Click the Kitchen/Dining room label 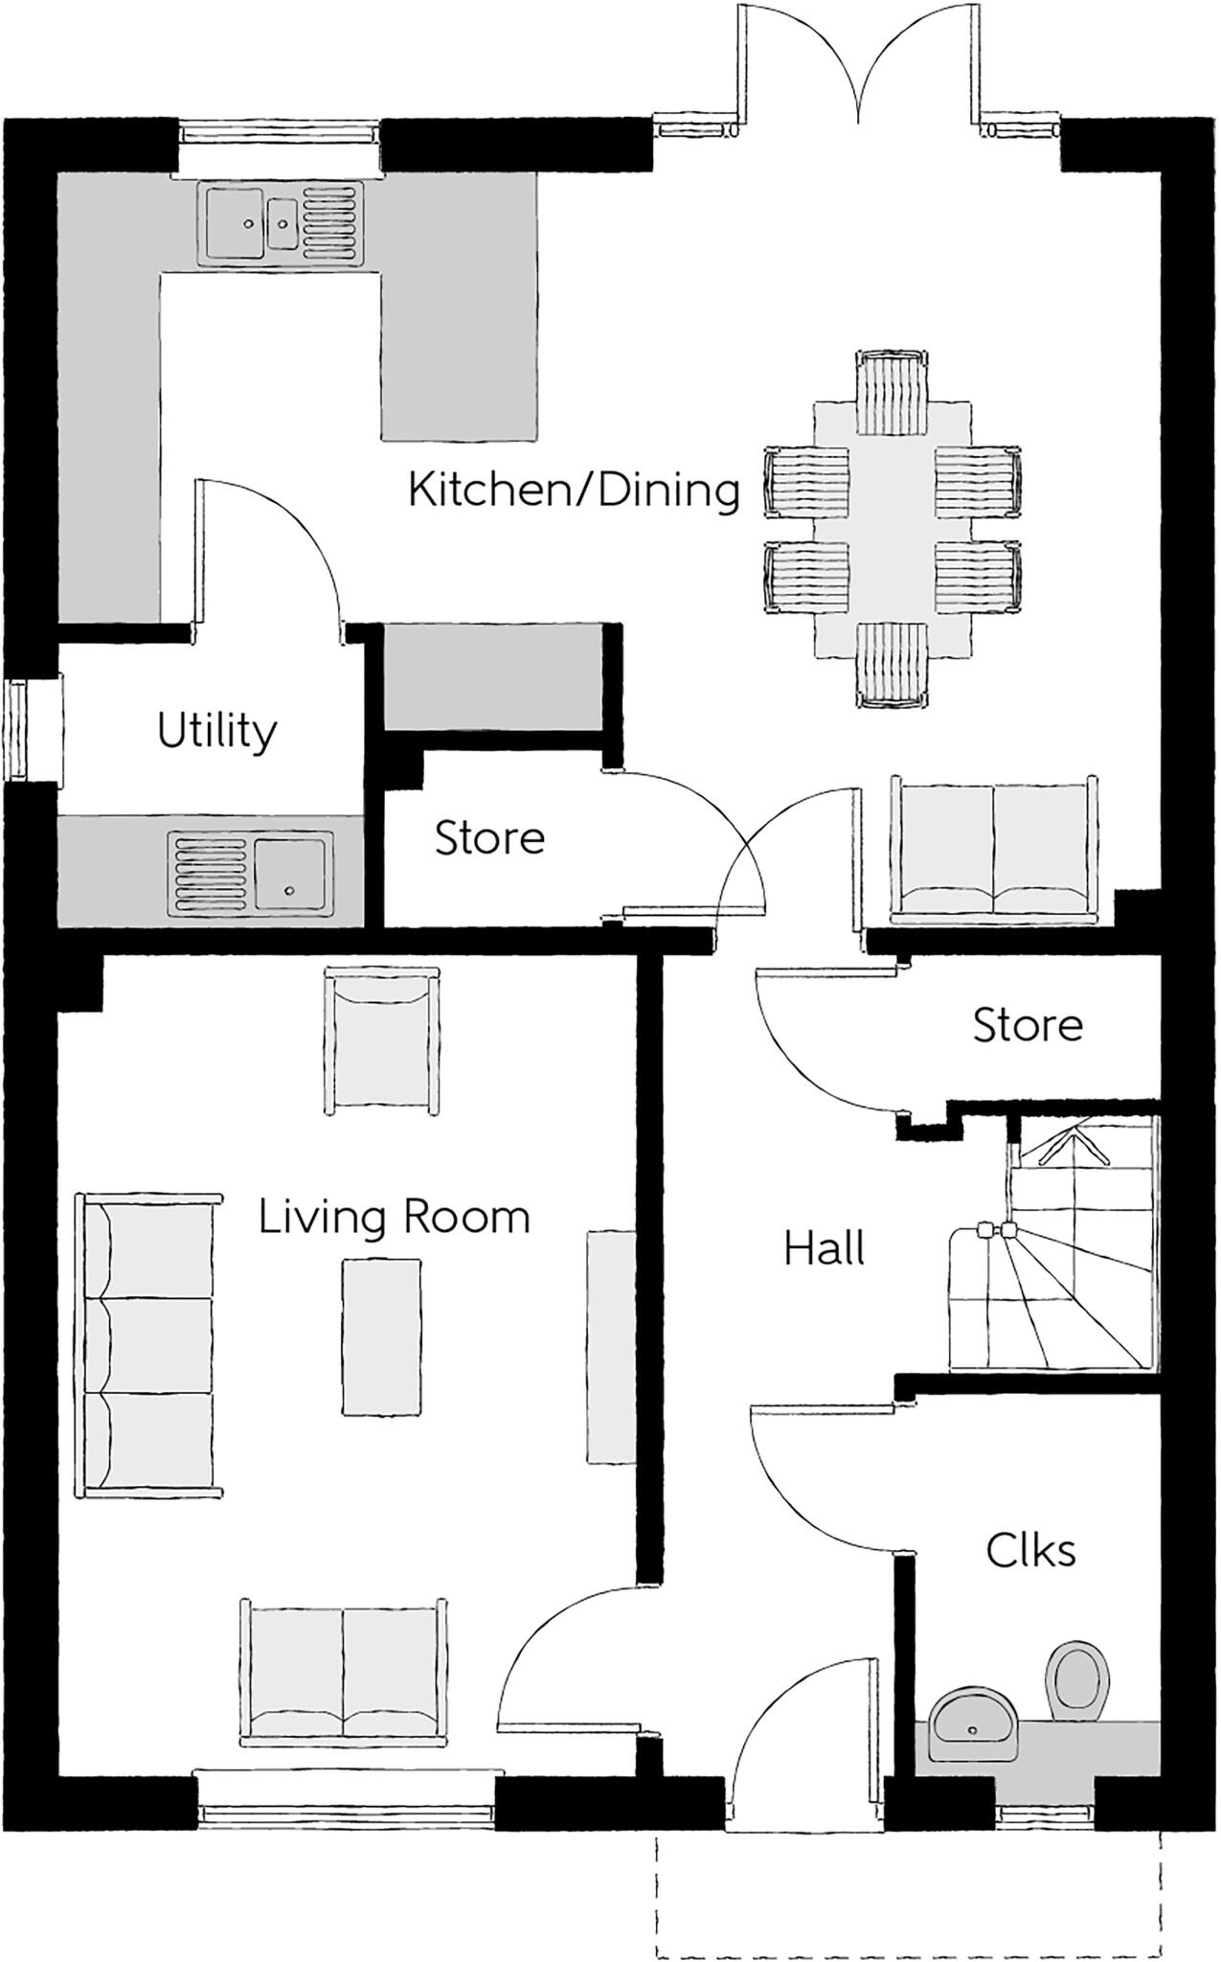tap(574, 490)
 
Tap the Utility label tap(216, 732)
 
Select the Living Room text tap(394, 1218)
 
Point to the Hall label tap(824, 1249)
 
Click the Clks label tap(1030, 1551)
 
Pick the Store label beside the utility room tap(489, 838)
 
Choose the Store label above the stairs tap(1028, 1026)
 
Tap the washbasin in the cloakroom tap(974, 1724)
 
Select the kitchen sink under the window tap(282, 223)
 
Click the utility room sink tap(252, 870)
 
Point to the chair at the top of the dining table tap(893, 393)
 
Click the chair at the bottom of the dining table tap(893, 665)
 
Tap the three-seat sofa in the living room tap(147, 1345)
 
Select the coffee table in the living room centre tap(381, 1336)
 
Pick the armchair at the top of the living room tap(383, 1040)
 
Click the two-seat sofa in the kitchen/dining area tap(994, 850)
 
